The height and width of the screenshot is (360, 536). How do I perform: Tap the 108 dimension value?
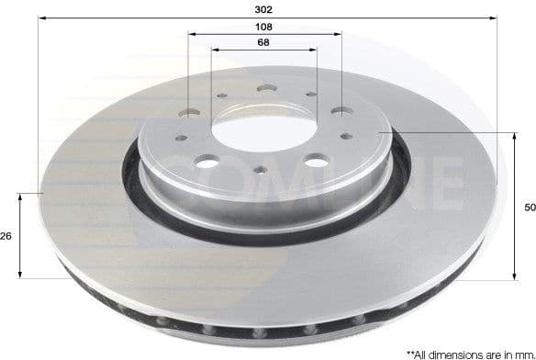tap(264, 27)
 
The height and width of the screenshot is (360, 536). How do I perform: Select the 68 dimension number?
tap(264, 43)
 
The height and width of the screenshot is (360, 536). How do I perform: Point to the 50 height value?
tap(529, 208)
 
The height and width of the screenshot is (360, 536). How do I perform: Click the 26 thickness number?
tap(6, 236)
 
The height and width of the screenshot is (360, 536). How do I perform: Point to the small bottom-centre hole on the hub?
tap(262, 170)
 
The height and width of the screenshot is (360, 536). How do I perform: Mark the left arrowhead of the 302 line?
tap(42, 18)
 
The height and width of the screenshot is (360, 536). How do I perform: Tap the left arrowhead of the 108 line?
tap(191, 35)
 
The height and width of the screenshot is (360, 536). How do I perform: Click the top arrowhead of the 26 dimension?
tap(20, 196)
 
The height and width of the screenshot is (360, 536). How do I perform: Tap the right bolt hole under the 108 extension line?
tap(341, 110)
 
